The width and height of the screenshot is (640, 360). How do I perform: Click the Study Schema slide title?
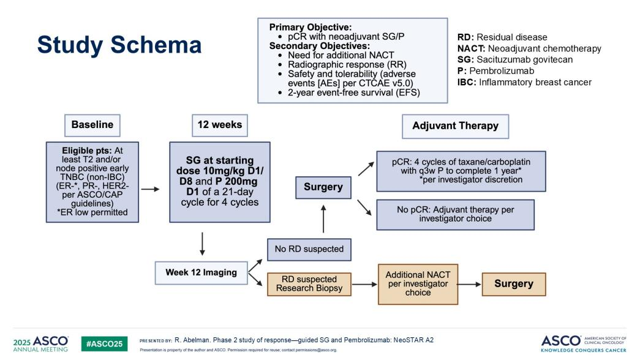coord(119,45)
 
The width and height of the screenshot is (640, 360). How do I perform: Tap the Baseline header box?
coord(92,125)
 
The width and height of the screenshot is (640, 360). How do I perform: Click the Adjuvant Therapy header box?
coord(455,126)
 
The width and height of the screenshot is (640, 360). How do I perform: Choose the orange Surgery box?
coord(514,284)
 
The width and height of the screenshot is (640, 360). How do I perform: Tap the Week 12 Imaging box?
coord(201,272)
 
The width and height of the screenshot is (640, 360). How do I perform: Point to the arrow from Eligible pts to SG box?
coord(151,189)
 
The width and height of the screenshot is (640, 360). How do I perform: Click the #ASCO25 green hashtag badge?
coord(105,343)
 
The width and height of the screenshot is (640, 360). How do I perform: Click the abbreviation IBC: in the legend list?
coord(469,82)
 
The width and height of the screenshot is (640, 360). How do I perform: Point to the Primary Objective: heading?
coord(312,28)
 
